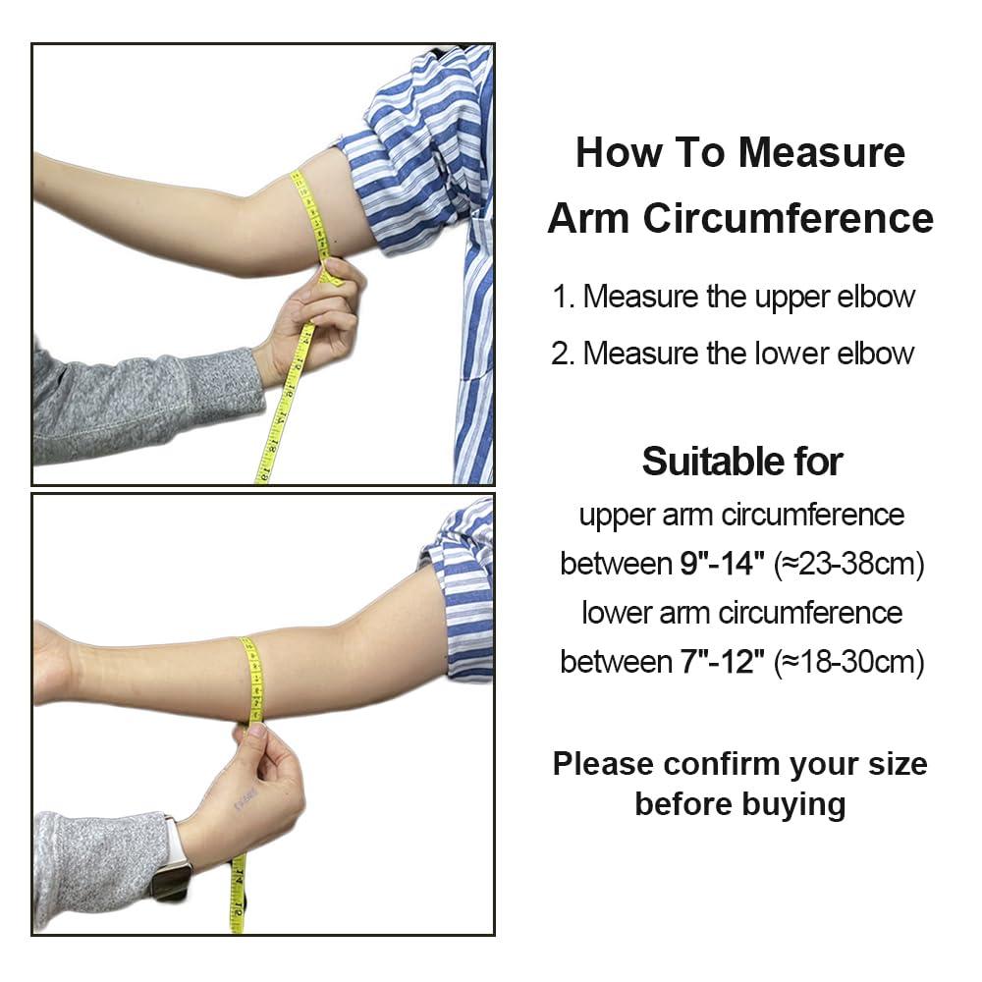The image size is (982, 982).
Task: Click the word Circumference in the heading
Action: [789, 218]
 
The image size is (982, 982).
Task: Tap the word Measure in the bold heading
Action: [822, 153]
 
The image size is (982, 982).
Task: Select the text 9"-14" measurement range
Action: [722, 564]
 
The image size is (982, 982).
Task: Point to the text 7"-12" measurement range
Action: [722, 662]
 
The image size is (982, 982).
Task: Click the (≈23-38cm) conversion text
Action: [849, 564]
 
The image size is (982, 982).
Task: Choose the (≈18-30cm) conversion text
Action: [849, 662]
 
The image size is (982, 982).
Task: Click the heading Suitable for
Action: [741, 461]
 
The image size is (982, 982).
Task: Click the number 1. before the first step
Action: [563, 298]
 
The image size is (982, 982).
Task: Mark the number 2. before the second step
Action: [563, 354]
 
